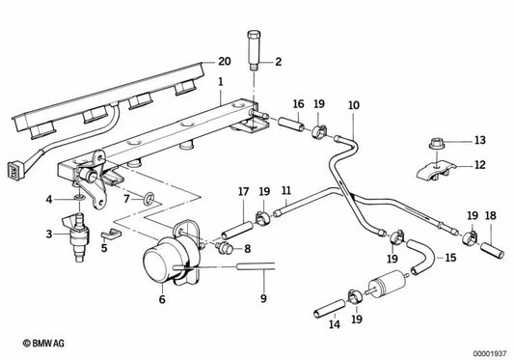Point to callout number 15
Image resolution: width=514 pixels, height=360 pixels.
coord(451,259)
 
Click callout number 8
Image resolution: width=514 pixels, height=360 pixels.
coord(247,248)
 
